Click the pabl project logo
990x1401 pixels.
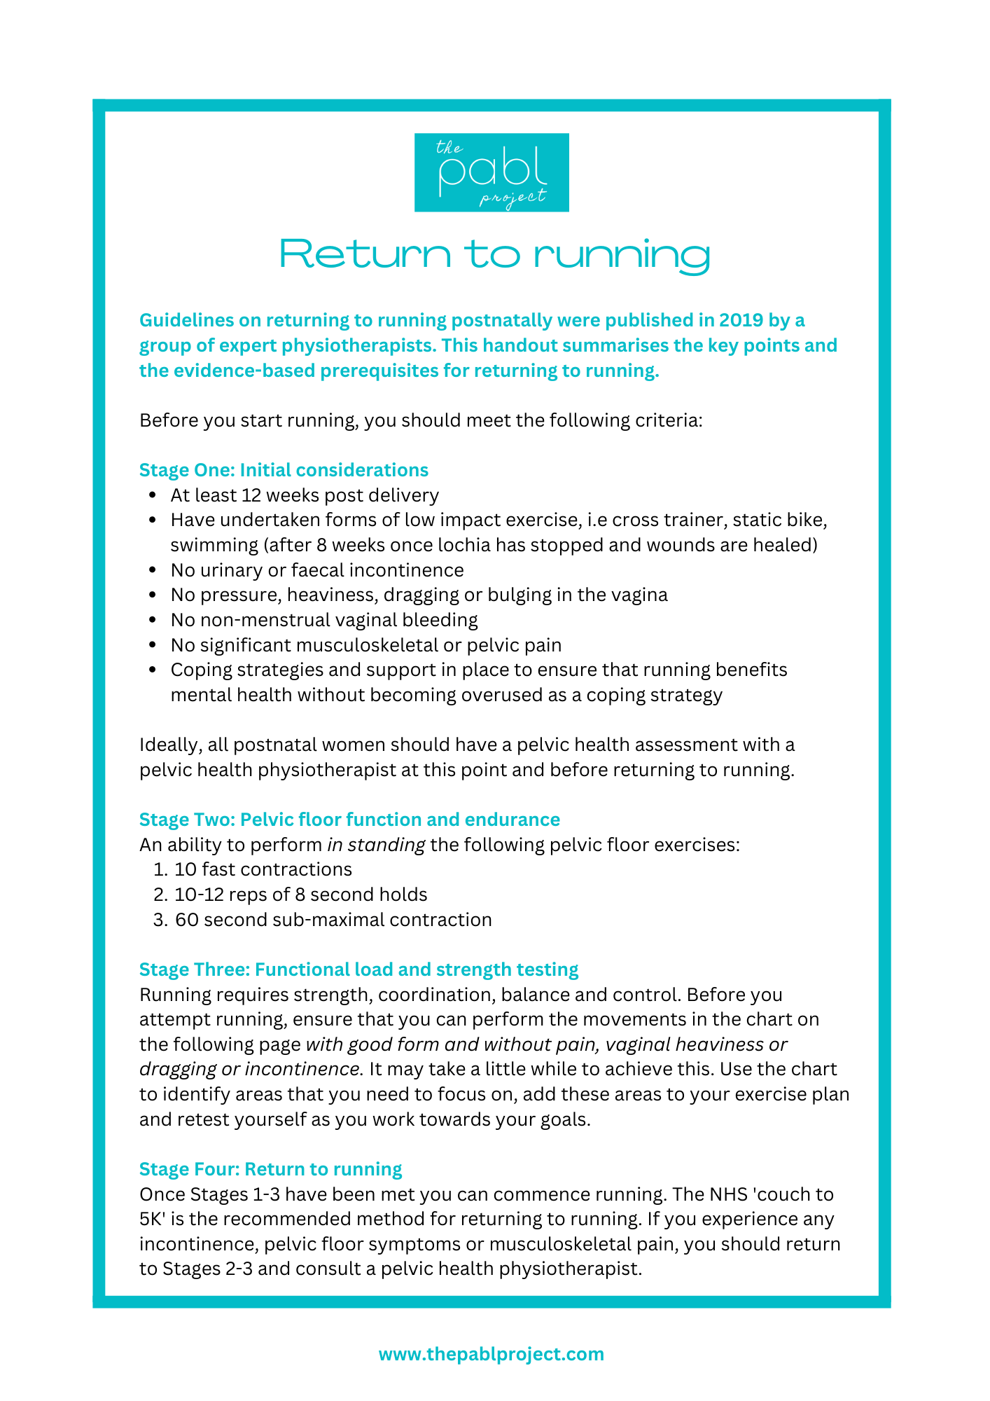pos(491,172)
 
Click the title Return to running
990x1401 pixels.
pos(494,254)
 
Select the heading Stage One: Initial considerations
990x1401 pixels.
pos(284,470)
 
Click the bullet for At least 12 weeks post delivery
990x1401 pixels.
pos(152,496)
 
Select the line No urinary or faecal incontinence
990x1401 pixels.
pos(316,570)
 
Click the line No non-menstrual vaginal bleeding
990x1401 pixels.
pos(324,620)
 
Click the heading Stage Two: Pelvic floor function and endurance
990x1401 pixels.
pos(349,820)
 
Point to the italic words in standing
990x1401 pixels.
pos(376,845)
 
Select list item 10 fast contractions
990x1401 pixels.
pos(263,870)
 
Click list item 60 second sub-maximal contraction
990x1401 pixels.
pos(333,920)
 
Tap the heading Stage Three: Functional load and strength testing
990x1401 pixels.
pos(358,969)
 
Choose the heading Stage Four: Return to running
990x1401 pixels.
pos(270,1169)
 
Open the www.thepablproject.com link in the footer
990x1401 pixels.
pos(491,1354)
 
